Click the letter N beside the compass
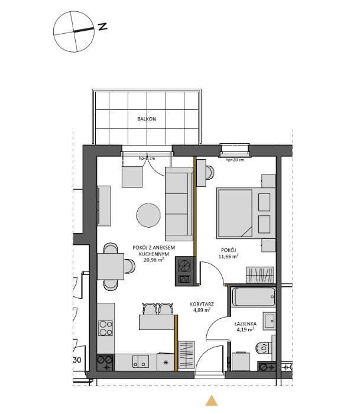(102, 27)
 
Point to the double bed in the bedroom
(238, 212)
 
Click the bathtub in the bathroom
(253, 296)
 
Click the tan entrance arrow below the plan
(212, 401)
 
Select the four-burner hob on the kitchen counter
(106, 328)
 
